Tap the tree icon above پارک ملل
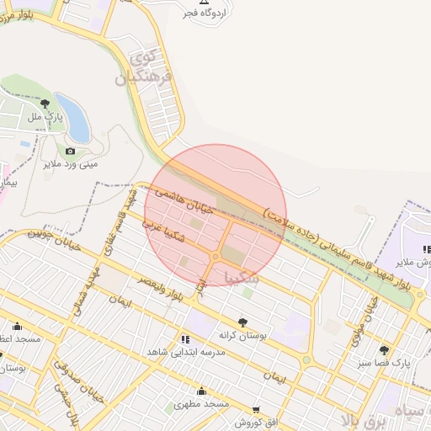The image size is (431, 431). [45, 104]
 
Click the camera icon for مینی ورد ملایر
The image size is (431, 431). [70, 152]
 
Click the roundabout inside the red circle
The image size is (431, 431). [216, 256]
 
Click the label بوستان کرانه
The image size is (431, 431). [242, 335]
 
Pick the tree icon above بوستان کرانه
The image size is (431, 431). [242, 322]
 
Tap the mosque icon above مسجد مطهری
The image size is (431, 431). [201, 391]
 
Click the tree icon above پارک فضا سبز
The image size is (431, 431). [385, 349]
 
